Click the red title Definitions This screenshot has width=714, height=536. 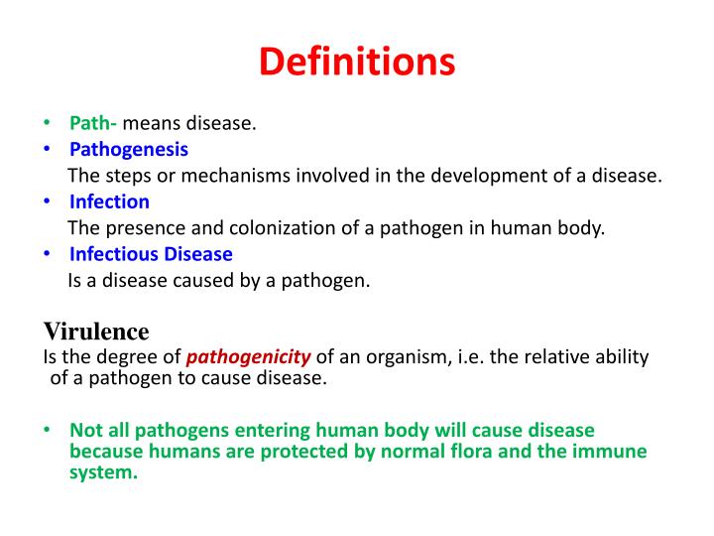coord(357,62)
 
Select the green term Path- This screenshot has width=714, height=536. coord(93,124)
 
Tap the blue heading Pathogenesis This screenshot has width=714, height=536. coord(129,150)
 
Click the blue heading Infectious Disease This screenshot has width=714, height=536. coord(151,254)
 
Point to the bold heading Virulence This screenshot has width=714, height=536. coord(96,331)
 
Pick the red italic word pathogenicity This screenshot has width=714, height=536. coord(249,357)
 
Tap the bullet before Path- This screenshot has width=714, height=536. coord(47,124)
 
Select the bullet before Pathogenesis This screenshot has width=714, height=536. coord(47,150)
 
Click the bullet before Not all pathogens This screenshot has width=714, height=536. coord(47,431)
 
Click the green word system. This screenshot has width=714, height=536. coord(102,472)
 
